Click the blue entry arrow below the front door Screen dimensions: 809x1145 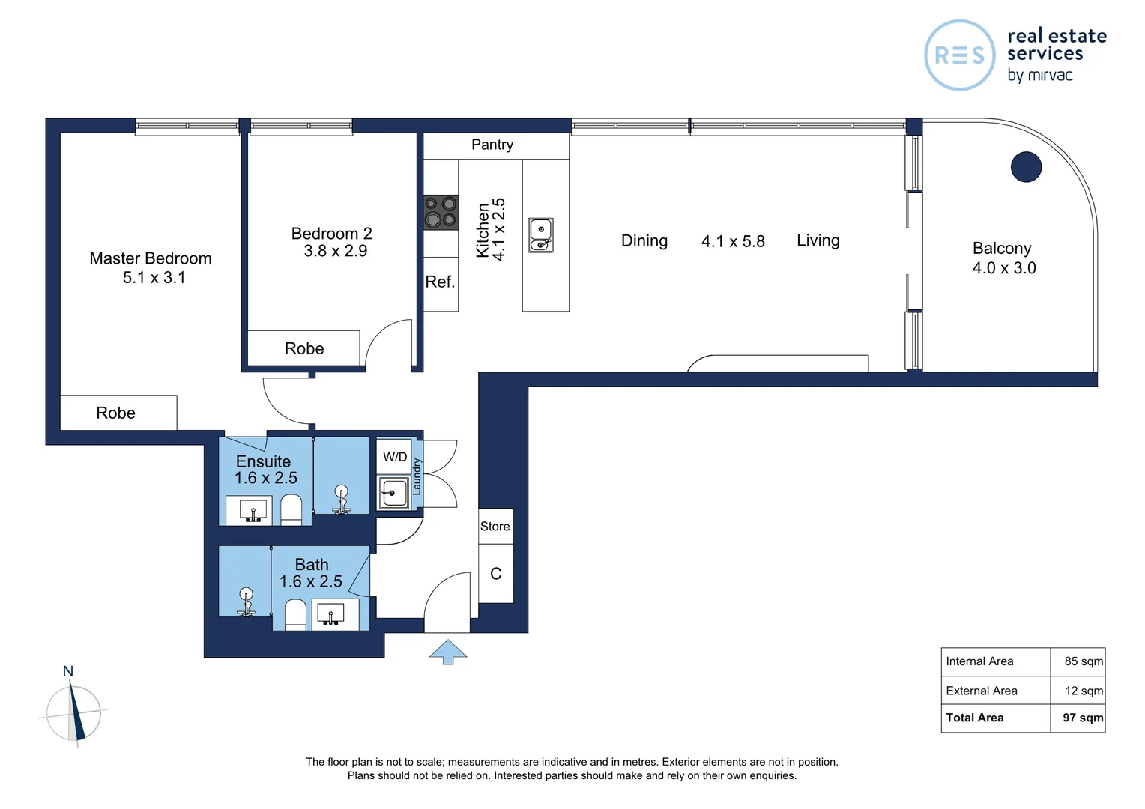[448, 652]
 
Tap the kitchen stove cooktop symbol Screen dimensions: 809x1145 [441, 212]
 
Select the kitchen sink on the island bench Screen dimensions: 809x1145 [540, 235]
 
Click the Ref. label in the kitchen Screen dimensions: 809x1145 [440, 282]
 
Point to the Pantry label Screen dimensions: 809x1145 [492, 145]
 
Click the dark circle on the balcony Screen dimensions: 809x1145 [1026, 167]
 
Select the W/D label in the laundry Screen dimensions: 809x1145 [395, 457]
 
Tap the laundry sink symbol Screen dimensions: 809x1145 [393, 493]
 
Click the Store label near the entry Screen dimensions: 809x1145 [495, 527]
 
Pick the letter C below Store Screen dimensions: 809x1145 [495, 574]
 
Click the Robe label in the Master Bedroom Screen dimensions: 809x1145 [116, 413]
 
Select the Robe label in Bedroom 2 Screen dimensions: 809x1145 [304, 349]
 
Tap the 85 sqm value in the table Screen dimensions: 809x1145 [1083, 661]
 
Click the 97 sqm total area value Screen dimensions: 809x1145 [1082, 718]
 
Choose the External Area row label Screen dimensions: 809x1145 [982, 691]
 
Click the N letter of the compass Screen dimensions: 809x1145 [68, 671]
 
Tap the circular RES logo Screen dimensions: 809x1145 [960, 55]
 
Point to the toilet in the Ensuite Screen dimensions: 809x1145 [291, 510]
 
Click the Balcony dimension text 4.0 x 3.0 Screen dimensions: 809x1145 [1004, 268]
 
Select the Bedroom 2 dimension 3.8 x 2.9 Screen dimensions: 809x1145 [335, 252]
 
